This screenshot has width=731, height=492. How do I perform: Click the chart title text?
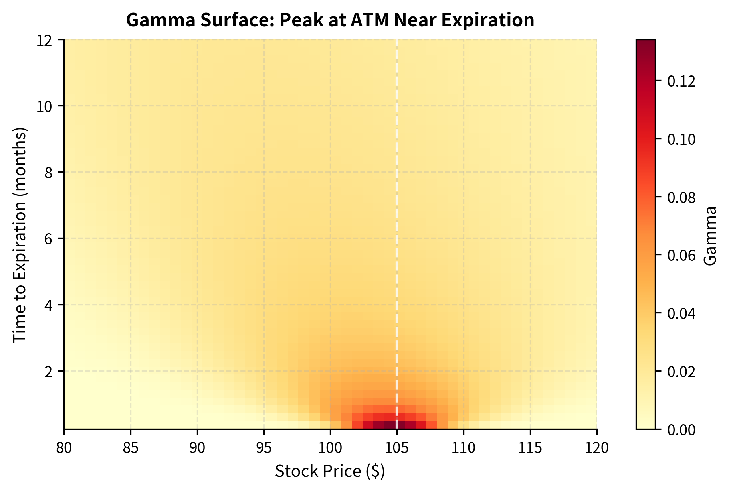[330, 20]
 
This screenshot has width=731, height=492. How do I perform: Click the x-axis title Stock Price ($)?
[330, 471]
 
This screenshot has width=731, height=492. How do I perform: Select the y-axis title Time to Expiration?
[20, 234]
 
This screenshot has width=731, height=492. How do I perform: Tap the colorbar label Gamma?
[711, 235]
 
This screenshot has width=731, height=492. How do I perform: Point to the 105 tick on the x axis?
[397, 448]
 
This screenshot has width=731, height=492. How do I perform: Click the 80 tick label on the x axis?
[64, 448]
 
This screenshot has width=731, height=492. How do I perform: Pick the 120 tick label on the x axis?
[597, 448]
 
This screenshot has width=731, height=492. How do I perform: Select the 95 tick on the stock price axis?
[264, 448]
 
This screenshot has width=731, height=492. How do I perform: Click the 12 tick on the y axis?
[47, 40]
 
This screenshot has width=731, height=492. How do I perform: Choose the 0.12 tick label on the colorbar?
[681, 81]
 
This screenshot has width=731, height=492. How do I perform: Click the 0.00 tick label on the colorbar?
[681, 430]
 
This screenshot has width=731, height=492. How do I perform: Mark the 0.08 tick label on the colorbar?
[681, 197]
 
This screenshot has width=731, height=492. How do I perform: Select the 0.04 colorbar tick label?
[681, 314]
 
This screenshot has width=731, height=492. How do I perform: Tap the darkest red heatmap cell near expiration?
[389, 425]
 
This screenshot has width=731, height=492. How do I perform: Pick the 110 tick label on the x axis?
[464, 448]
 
